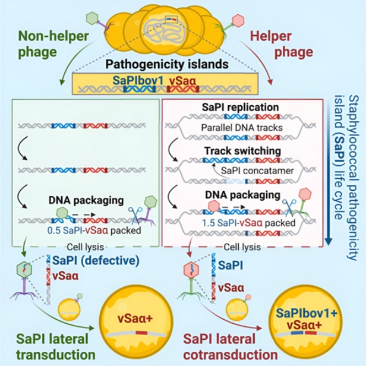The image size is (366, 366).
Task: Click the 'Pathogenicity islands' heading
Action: tap(167, 65)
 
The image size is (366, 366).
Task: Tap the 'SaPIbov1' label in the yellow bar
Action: tap(138, 81)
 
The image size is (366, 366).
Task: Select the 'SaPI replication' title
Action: tap(240, 108)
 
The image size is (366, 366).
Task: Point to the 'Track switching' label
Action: tap(243, 151)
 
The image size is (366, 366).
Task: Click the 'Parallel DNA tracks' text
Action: tap(242, 128)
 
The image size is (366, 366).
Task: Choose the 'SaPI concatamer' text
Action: tap(257, 171)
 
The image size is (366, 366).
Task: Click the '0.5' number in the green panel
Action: tap(54, 231)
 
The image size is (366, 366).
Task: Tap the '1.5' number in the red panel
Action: tap(209, 223)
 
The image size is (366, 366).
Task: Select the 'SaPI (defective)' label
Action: tap(96, 260)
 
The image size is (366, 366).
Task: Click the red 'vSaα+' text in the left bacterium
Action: tap(135, 319)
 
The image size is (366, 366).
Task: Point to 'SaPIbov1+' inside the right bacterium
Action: tap(307, 313)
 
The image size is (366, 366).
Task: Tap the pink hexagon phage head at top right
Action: tap(238, 20)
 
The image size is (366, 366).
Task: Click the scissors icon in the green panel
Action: tap(135, 216)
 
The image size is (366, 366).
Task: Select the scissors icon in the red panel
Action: tap(289, 207)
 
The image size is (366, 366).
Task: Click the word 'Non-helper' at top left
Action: tap(53, 37)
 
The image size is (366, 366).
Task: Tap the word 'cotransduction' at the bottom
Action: tap(231, 355)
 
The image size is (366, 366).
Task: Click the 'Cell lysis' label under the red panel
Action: tap(242, 247)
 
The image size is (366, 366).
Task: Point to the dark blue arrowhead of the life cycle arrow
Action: tap(329, 242)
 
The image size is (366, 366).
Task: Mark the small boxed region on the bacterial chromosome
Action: tap(171, 20)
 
